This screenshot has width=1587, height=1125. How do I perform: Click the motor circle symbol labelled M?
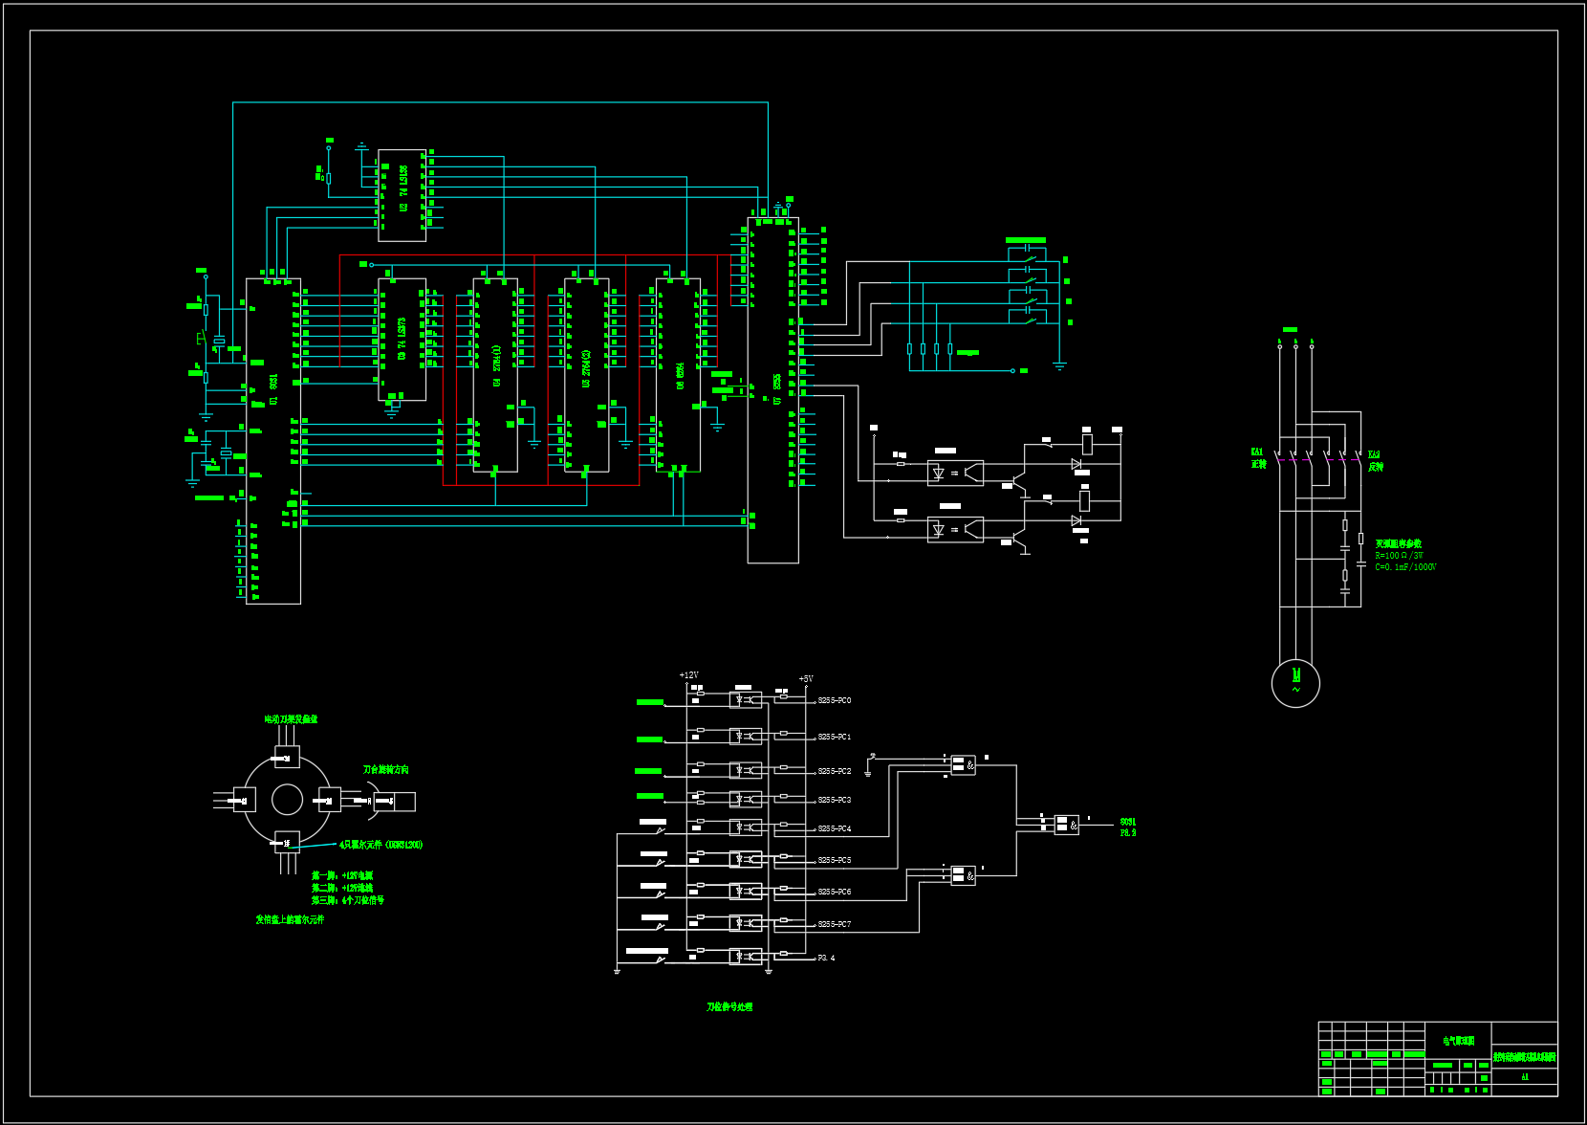(1295, 683)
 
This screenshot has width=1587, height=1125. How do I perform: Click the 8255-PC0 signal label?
(834, 700)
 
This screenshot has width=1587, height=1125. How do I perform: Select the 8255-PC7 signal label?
(834, 924)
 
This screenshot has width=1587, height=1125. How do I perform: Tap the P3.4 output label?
(826, 958)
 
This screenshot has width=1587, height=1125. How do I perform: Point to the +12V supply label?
(688, 675)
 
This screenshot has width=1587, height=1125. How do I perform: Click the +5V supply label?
(806, 679)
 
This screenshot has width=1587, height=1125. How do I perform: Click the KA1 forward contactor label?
(1257, 458)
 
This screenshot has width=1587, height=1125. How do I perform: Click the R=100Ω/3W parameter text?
(1399, 556)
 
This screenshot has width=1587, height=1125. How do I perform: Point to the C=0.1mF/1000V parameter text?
(1405, 567)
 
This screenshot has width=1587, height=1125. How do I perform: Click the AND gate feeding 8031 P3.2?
(1066, 824)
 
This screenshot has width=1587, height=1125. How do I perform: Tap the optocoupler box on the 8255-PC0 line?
(746, 700)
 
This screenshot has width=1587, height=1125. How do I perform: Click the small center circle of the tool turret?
(287, 799)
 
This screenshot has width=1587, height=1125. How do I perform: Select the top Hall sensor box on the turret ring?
(287, 759)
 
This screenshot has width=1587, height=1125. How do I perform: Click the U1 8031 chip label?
(273, 387)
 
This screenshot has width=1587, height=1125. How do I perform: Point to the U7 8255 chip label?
(777, 387)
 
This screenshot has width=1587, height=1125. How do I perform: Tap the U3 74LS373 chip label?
(402, 340)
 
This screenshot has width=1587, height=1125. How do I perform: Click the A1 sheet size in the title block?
(1525, 1077)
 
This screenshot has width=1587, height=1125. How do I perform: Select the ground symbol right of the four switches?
(1059, 364)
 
